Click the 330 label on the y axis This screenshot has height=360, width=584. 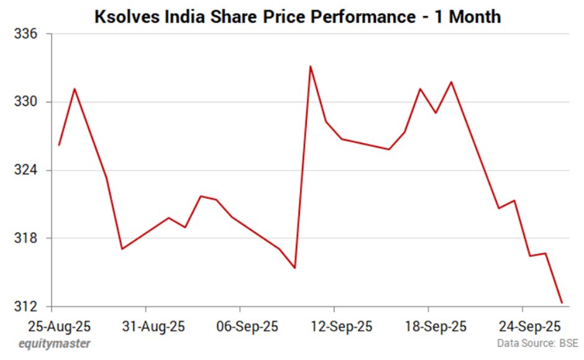(25, 102)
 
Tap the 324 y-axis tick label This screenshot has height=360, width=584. (25, 170)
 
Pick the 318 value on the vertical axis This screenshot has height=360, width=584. (25, 239)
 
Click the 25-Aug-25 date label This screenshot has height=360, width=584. (52, 325)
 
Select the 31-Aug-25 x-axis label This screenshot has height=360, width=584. (145, 325)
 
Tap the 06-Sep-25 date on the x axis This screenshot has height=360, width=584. (240, 325)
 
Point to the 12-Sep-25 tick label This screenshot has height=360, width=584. (334, 325)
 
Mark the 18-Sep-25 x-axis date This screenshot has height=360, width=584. (428, 325)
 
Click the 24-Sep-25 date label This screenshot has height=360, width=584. (522, 325)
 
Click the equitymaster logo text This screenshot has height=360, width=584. (54, 343)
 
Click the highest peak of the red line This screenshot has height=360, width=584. (310, 67)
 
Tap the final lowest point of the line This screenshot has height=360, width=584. (562, 303)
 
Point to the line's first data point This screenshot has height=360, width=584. (59, 145)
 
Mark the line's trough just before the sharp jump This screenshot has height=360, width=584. (294, 268)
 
